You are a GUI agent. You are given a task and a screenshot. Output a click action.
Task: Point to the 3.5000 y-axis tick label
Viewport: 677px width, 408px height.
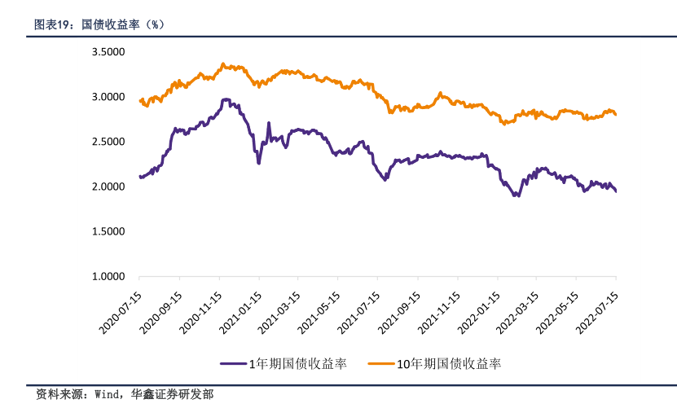click(x=108, y=52)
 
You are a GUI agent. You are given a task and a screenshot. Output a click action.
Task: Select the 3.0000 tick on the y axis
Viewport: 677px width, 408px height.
click(x=108, y=97)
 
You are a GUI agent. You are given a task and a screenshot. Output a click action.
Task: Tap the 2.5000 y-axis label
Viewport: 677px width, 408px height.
click(x=108, y=142)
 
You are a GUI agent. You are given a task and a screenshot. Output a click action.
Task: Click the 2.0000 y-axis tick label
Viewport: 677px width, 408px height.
click(x=108, y=186)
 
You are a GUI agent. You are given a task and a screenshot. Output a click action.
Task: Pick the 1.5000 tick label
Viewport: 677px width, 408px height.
click(x=108, y=231)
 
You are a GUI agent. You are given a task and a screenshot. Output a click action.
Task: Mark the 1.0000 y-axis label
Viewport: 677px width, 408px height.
click(x=108, y=277)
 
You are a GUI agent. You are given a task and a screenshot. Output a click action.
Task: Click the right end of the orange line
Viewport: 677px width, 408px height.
click(x=615, y=114)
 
